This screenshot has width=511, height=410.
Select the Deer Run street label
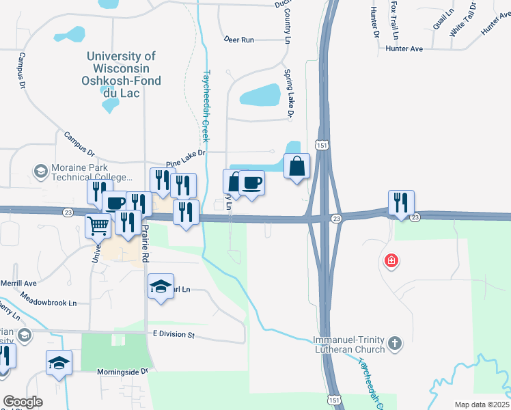(238, 40)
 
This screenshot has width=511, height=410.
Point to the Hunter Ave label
(404, 49)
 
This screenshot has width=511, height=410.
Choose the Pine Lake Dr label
(186, 159)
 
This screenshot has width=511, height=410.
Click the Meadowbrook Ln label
(49, 299)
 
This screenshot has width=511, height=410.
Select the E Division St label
(174, 336)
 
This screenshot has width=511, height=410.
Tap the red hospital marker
(391, 261)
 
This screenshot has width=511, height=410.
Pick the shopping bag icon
(296, 166)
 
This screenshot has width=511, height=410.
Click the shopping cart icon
(98, 224)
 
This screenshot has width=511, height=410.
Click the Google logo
(23, 402)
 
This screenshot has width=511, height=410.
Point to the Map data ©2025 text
(482, 405)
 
